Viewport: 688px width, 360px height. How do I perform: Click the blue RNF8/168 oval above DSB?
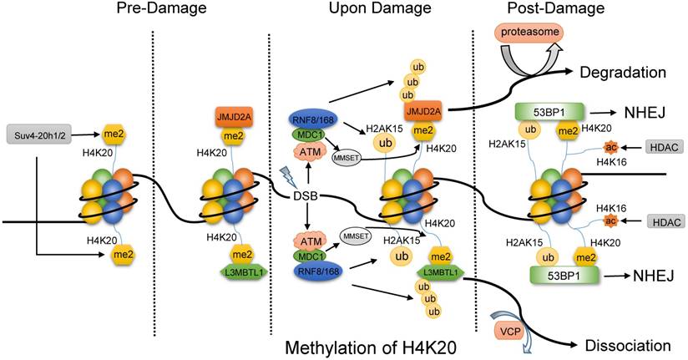pyautogui.click(x=313, y=119)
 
